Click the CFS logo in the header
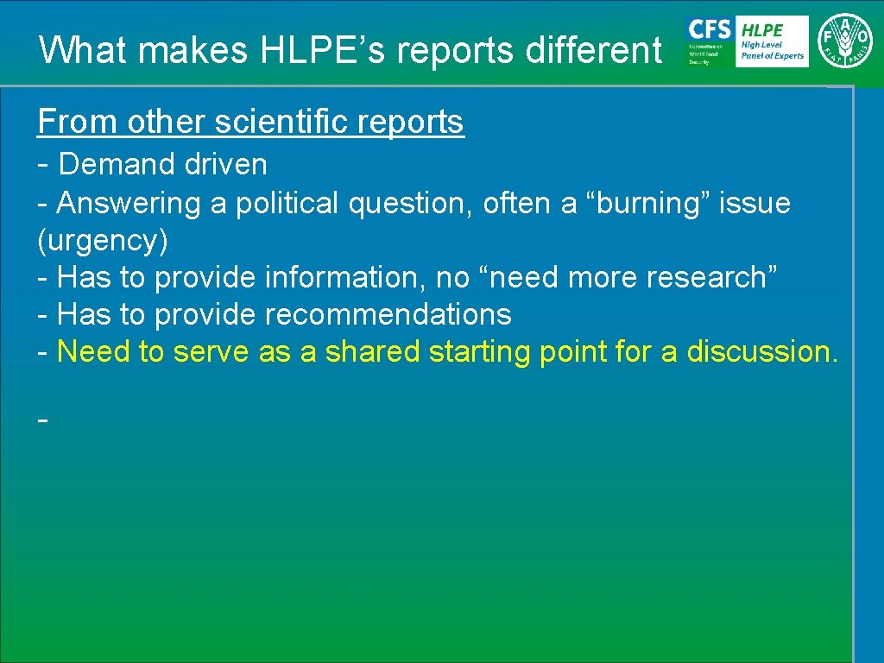708,41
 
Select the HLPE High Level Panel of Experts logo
772,41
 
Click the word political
288,203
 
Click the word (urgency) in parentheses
103,241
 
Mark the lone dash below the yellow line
42,420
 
